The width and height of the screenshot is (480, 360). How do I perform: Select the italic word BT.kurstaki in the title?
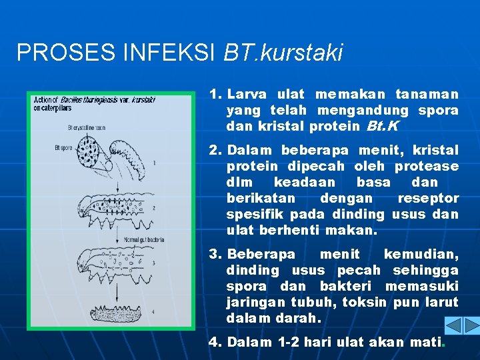pyautogui.click(x=283, y=53)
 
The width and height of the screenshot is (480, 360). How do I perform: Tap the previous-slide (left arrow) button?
pyautogui.click(x=453, y=325)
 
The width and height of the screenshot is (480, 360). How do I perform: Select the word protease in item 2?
pyautogui.click(x=431, y=166)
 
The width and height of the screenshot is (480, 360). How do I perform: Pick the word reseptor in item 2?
pyautogui.click(x=428, y=198)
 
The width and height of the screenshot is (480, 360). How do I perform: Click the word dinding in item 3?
pyautogui.click(x=253, y=270)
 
